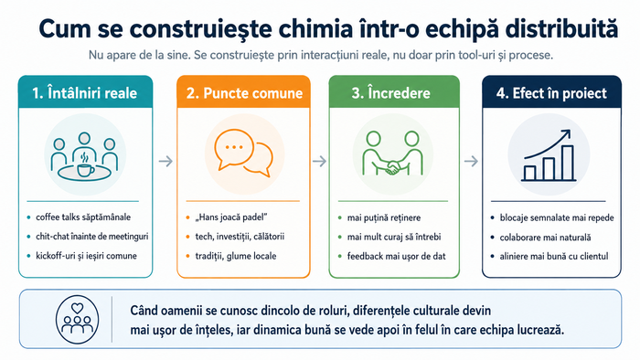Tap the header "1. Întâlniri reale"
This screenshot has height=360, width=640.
(85, 93)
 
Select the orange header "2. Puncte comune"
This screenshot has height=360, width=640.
(244, 93)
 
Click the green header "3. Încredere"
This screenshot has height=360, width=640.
(390, 93)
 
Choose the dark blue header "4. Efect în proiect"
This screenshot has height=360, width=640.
(551, 93)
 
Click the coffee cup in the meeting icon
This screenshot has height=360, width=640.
(85, 169)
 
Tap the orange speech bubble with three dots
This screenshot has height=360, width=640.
(233, 149)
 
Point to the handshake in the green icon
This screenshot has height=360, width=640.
(392, 166)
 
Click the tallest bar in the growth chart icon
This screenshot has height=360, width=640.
(568, 163)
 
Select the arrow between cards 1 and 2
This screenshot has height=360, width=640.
(165, 162)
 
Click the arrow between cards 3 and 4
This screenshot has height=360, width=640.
(471, 162)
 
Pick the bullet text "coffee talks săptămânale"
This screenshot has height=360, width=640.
(83, 217)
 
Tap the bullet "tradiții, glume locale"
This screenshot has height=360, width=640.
(236, 256)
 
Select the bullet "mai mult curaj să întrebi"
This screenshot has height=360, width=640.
(394, 237)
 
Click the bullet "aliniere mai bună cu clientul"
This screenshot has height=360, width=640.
(554, 257)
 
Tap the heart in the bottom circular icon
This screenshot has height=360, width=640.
(77, 308)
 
